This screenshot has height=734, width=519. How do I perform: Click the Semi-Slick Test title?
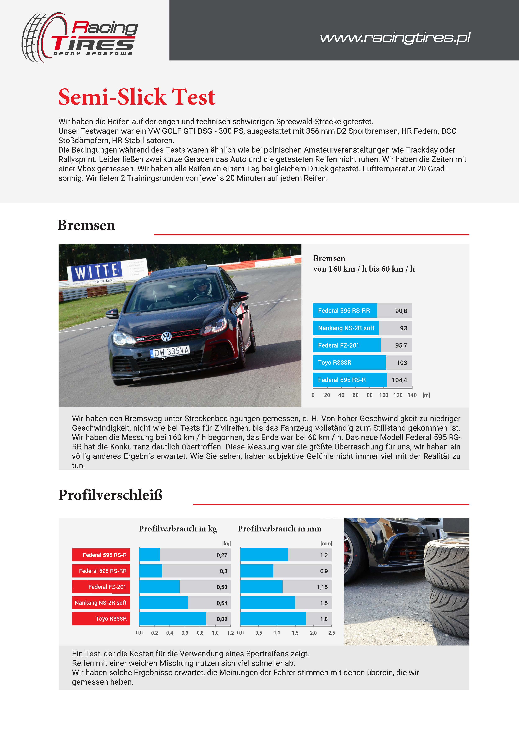click(x=137, y=97)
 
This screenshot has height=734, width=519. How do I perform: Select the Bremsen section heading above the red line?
click(x=86, y=225)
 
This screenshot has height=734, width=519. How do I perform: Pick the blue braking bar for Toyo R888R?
click(x=349, y=363)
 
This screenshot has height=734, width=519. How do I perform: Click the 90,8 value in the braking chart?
click(x=401, y=311)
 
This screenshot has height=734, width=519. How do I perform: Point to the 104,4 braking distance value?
click(x=400, y=380)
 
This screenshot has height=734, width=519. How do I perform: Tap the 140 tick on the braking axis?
click(x=412, y=395)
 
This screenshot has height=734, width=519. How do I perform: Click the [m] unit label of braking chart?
click(x=426, y=395)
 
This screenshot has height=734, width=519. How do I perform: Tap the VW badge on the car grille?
click(x=166, y=336)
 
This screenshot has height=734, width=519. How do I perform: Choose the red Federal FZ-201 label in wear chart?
click(x=101, y=587)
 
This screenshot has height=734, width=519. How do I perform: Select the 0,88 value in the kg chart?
click(x=222, y=619)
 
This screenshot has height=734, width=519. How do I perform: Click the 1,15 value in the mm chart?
click(x=322, y=587)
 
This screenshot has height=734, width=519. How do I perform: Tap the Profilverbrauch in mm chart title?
click(x=279, y=529)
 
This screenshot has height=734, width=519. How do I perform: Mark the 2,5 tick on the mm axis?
click(x=331, y=633)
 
